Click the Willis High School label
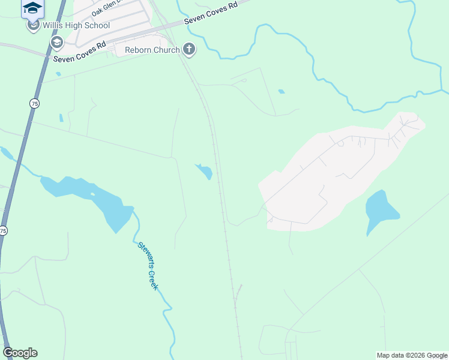[76, 26]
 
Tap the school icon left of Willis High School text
[32, 26]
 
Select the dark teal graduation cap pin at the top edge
[32, 7]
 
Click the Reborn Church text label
[152, 50]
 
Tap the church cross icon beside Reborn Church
[189, 49]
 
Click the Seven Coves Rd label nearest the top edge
[211, 12]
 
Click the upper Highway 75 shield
[34, 103]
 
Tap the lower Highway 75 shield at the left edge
[4, 230]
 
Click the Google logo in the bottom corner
[20, 353]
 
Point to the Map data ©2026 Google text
[412, 355]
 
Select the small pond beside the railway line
[204, 172]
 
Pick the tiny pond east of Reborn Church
[282, 91]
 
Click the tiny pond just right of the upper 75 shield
[61, 118]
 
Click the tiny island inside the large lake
[92, 195]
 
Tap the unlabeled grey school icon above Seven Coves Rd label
[57, 42]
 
